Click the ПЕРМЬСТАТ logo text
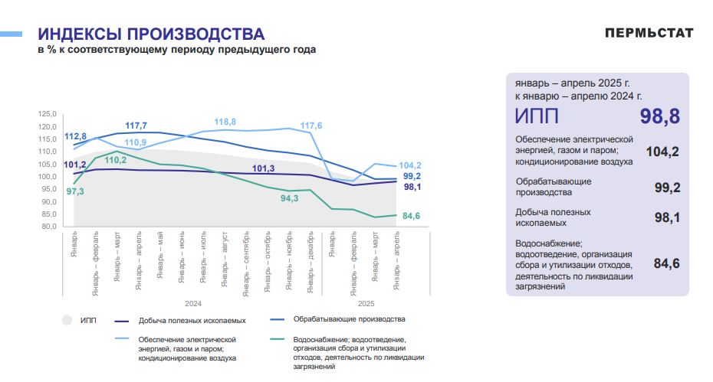point(649,33)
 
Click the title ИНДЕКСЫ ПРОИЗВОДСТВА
point(151,34)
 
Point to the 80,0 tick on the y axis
point(49,227)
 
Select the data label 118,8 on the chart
point(225,122)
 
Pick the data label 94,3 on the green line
point(289,198)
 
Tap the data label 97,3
point(75,191)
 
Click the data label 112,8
point(75,135)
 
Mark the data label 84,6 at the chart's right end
point(411,217)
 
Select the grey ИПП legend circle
point(67,320)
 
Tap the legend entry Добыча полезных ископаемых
point(192,320)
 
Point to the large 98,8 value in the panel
point(660,116)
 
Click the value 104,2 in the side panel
point(662,152)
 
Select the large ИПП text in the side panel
point(537,116)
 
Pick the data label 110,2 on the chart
point(115,160)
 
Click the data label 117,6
point(311,126)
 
